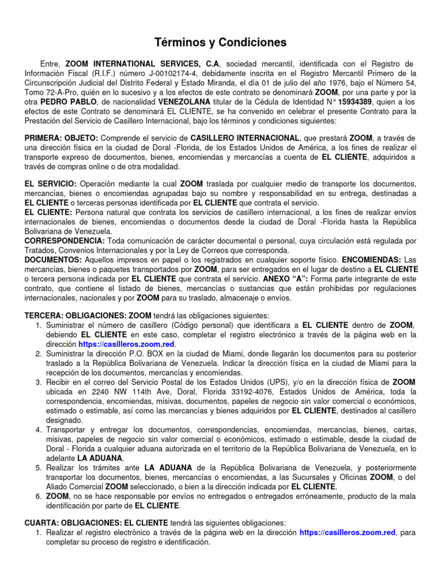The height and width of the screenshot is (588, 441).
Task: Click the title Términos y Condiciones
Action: click(220, 43)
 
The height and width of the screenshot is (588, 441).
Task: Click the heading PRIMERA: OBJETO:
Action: click(61, 138)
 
